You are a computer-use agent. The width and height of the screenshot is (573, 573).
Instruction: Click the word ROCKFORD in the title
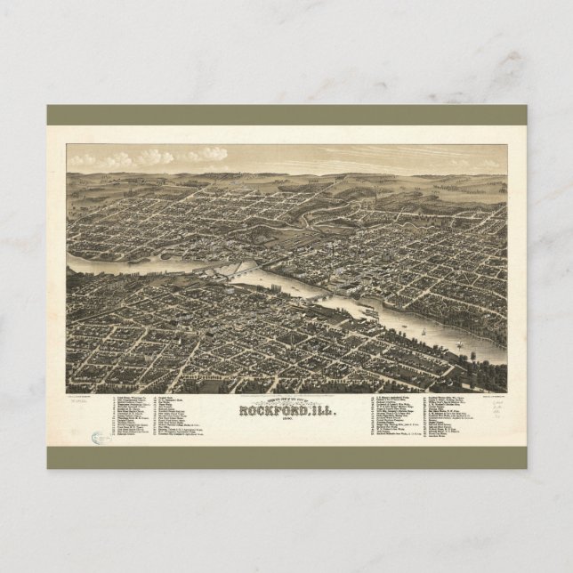[x=270, y=411]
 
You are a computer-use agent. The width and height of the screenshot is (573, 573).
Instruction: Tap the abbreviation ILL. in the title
[x=319, y=411]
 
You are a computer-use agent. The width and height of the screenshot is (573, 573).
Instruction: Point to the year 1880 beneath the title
[x=286, y=422]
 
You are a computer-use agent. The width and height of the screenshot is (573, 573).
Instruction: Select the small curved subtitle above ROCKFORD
[x=286, y=400]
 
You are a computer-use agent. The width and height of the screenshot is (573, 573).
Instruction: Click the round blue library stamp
[x=95, y=438]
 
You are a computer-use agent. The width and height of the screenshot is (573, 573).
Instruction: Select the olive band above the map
[x=286, y=116]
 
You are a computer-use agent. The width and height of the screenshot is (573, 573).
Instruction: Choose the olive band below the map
[x=286, y=457]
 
